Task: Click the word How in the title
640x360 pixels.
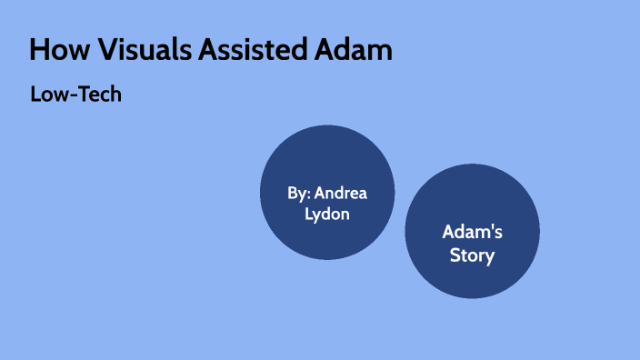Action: click(x=57, y=50)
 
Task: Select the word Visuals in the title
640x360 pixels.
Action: click(x=136, y=50)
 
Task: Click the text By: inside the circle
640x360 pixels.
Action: click(x=299, y=194)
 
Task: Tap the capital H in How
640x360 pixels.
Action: click(x=39, y=50)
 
